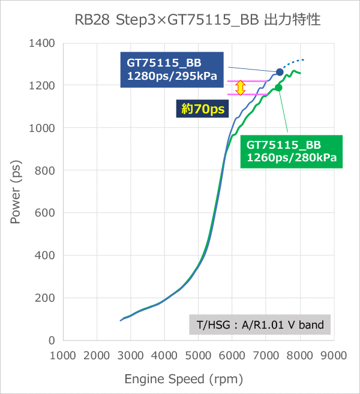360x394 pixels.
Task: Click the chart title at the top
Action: [197, 20]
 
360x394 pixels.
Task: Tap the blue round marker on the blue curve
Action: [280, 72]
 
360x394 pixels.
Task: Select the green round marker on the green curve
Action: [278, 88]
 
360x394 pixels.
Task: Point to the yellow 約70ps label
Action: [203, 109]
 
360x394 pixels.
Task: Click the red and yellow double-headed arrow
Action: [240, 88]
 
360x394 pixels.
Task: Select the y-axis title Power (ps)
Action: [15, 192]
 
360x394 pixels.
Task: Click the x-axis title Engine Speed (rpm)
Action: [184, 379]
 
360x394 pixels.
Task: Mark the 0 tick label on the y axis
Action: [52, 340]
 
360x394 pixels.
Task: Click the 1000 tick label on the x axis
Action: [63, 355]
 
